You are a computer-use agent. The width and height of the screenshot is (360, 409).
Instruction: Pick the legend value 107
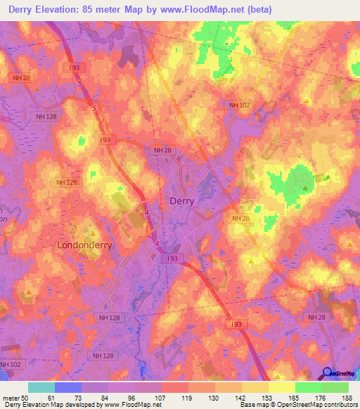click(161, 398)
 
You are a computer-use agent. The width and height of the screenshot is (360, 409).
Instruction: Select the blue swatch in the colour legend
click(68, 387)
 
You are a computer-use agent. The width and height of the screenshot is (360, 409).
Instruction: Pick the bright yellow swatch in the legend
click(281, 387)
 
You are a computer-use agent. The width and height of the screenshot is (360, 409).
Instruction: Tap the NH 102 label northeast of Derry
click(239, 106)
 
